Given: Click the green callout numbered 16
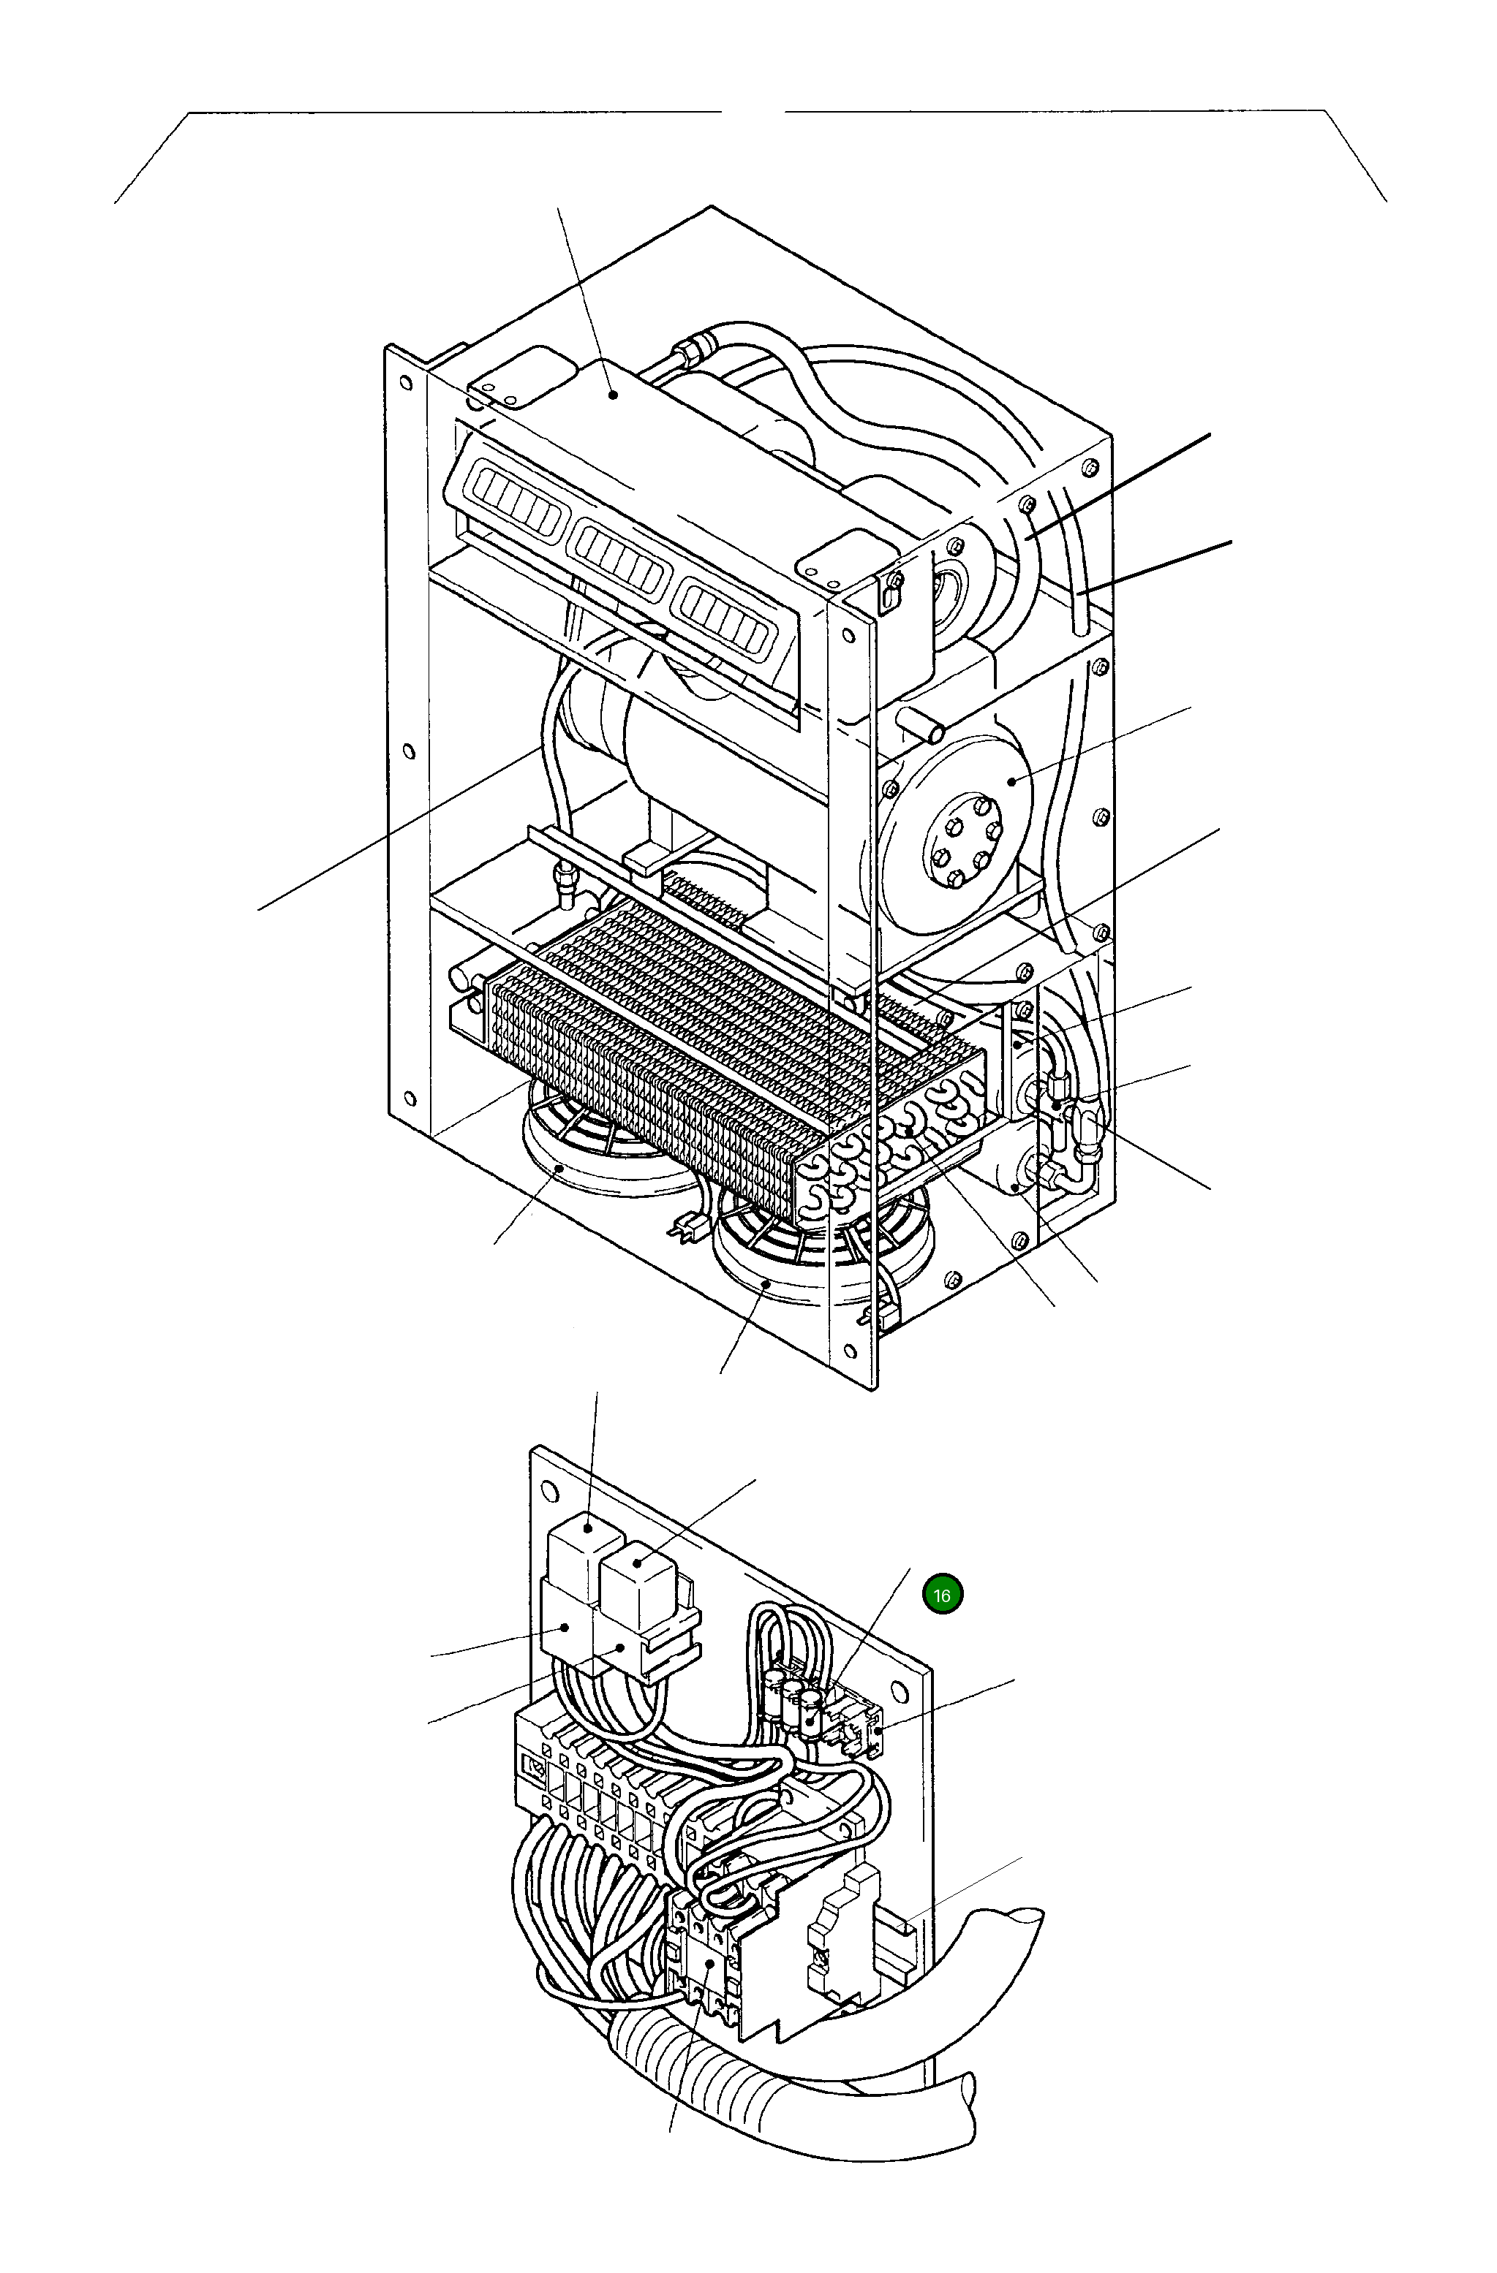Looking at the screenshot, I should pyautogui.click(x=942, y=1594).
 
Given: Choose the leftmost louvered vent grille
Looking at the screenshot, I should pyautogui.click(x=516, y=501).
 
